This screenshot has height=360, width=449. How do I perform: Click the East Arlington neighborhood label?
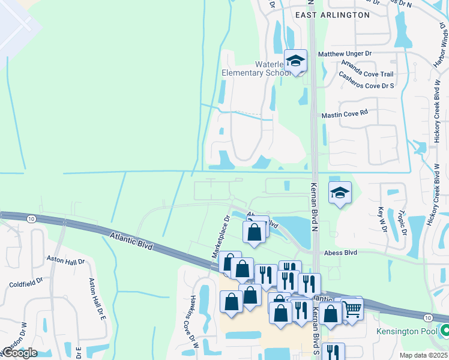coord(332,14)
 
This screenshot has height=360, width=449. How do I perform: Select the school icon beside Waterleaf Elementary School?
coord(295,61)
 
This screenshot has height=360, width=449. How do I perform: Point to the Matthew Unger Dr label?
coord(345,54)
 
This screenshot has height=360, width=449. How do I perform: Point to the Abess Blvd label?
coord(340,253)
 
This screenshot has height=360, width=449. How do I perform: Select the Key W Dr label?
coord(381,220)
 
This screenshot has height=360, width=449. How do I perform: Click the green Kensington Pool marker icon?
coord(445,330)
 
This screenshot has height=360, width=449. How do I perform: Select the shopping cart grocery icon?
coord(352,309)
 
